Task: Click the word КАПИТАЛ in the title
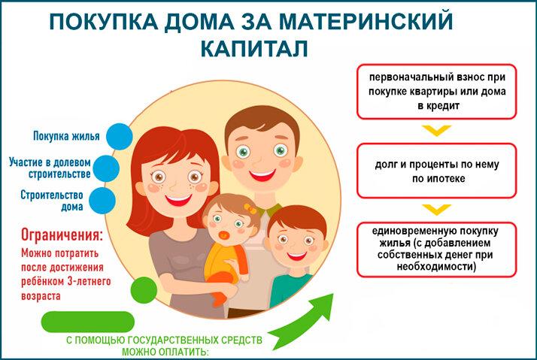[253, 49]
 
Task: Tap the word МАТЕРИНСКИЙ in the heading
[366, 21]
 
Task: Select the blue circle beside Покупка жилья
[119, 137]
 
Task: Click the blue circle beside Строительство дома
[102, 201]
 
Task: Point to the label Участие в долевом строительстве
[50, 168]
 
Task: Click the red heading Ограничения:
[62, 235]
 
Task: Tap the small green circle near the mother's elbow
[144, 290]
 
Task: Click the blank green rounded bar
[88, 322]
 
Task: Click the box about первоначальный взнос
[437, 92]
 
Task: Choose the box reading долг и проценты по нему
[437, 171]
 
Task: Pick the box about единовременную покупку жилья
[437, 250]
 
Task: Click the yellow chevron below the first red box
[437, 130]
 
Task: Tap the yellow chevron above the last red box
[437, 210]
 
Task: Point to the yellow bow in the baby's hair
[250, 208]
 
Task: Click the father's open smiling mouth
[262, 175]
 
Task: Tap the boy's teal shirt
[291, 290]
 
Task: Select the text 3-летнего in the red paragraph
[89, 282]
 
